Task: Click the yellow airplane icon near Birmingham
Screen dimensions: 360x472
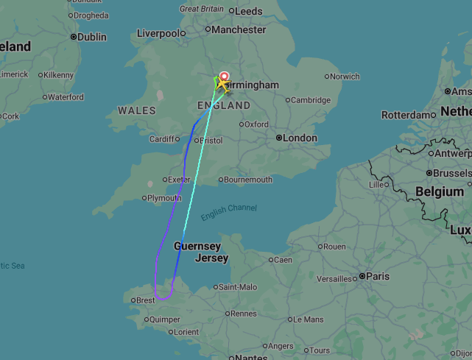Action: tap(221, 83)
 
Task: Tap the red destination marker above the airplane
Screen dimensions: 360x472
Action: tap(225, 75)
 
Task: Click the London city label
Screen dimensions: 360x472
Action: tap(300, 138)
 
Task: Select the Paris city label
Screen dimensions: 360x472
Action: tap(378, 276)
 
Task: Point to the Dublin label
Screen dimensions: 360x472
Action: tap(92, 37)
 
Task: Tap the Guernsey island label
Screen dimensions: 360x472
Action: tap(197, 246)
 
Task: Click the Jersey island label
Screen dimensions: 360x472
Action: tap(212, 258)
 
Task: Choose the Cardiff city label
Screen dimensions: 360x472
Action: tap(164, 139)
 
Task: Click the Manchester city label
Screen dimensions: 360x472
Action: tap(239, 30)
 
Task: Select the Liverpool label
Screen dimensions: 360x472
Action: tap(158, 33)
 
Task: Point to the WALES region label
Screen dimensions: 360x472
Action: tap(137, 110)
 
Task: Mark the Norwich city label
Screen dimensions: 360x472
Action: tap(345, 77)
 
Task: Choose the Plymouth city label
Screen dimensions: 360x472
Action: tap(164, 198)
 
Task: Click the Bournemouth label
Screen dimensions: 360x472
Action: tap(248, 180)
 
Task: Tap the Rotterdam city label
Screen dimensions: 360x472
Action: tap(409, 115)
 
